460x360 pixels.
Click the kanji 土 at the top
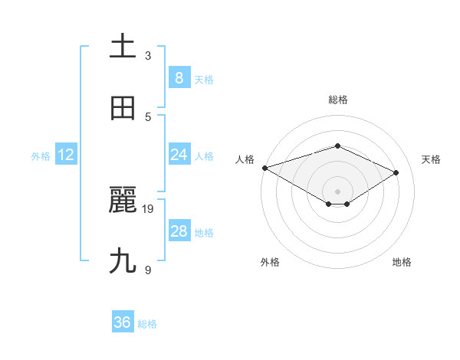(123, 47)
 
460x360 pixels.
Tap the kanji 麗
(123, 201)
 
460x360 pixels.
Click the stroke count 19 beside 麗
(149, 208)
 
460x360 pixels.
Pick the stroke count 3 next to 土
(148, 55)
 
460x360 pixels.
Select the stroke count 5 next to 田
(148, 116)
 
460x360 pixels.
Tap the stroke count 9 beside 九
(148, 270)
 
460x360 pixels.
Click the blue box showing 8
(179, 78)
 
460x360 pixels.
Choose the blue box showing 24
(179, 155)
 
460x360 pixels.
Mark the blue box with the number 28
(179, 231)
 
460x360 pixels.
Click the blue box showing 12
(66, 155)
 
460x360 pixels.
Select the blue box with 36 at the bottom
(123, 322)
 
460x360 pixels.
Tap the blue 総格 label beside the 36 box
(147, 324)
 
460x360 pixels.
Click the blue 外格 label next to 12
(41, 156)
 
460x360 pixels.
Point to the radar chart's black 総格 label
(337, 100)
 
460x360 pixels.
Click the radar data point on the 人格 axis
(264, 168)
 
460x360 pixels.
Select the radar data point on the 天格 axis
(396, 172)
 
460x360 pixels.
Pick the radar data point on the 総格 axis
(337, 146)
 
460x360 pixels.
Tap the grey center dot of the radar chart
(337, 191)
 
